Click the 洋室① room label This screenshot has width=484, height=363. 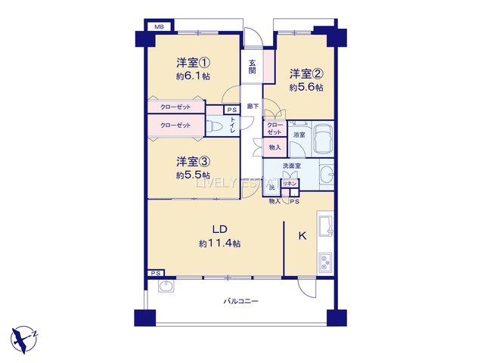pos(194,61)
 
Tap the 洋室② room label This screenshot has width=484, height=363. pos(307,73)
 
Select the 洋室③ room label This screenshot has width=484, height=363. pos(193,161)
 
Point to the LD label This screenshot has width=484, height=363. pos(220,229)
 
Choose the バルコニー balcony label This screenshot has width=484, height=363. pos(240,301)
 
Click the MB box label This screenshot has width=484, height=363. pos(159,27)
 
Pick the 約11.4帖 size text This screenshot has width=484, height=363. pos(220,244)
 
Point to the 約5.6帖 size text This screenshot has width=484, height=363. pos(306,88)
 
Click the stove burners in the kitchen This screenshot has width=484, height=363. pos(325,262)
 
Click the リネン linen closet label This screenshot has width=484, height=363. pos(289,184)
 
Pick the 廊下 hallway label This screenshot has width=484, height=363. pos(252,106)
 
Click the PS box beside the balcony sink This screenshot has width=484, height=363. pos(156,273)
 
